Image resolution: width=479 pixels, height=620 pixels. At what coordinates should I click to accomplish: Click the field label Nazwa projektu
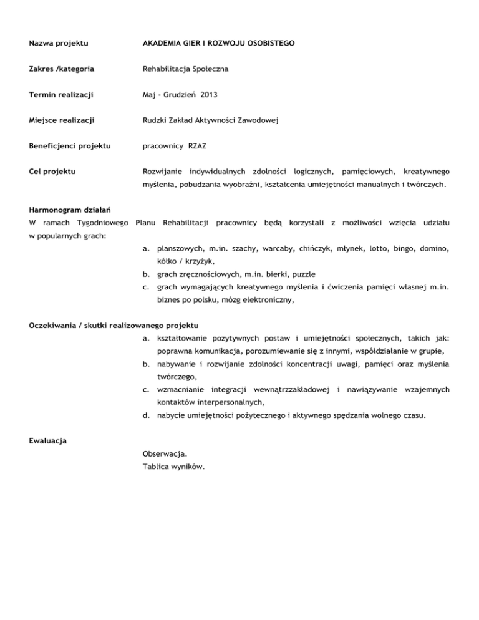tap(59, 44)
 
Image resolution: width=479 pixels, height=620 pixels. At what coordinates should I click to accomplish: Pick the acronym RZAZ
tap(199, 147)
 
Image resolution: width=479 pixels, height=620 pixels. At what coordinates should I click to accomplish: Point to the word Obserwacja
tap(165, 453)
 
